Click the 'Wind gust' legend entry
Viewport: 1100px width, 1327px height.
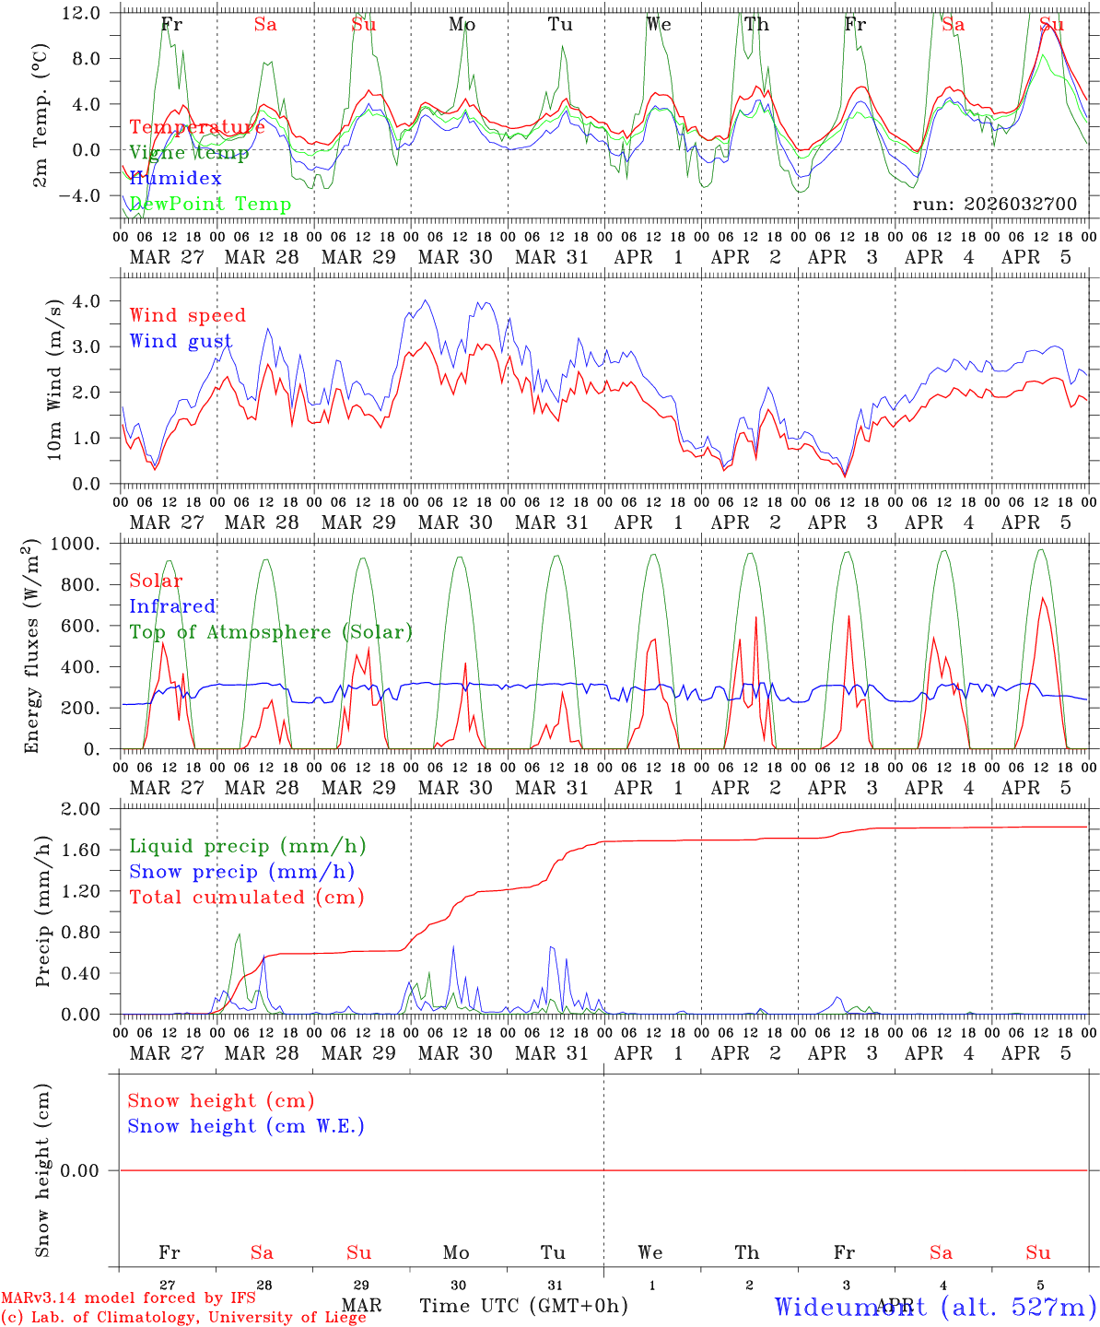coord(181,342)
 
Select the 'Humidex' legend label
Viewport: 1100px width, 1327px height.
coord(175,179)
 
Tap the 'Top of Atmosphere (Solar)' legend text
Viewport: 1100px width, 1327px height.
coord(271,632)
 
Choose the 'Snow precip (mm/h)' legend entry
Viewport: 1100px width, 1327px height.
coord(241,872)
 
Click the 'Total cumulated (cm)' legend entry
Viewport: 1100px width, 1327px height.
coord(246,897)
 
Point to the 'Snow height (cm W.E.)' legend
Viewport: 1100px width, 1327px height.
coord(246,1126)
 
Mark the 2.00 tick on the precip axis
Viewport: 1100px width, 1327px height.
coord(93,809)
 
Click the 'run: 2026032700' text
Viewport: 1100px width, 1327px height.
coord(994,204)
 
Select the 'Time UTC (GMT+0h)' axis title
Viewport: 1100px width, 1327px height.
coord(523,1305)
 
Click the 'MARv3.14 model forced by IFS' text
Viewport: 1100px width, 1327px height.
coord(128,1298)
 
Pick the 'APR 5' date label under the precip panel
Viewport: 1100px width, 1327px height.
coord(1037,1053)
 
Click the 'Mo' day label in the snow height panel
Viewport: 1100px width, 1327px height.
coord(456,1252)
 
